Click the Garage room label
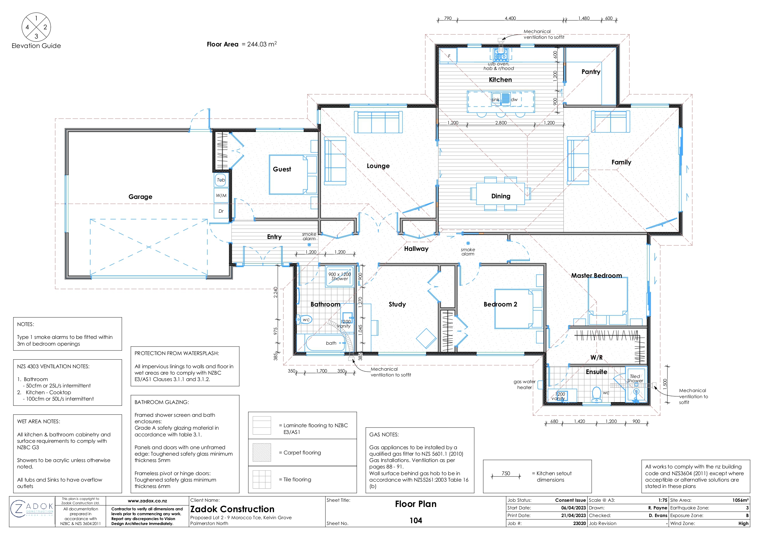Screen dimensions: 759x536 (x=140, y=197)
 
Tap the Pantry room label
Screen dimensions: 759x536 (x=591, y=72)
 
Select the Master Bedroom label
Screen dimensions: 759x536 (x=596, y=275)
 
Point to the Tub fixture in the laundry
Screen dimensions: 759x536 (x=221, y=180)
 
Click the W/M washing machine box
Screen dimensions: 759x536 (x=221, y=196)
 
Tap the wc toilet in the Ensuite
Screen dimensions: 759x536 (x=596, y=394)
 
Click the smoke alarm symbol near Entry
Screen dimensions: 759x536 (x=309, y=245)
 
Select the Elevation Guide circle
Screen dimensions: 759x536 (x=36, y=27)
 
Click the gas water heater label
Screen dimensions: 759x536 (x=524, y=384)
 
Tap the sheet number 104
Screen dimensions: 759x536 (x=416, y=520)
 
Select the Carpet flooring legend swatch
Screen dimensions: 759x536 (x=262, y=453)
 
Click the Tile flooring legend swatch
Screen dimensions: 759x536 (x=262, y=479)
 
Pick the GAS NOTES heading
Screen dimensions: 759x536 (x=384, y=435)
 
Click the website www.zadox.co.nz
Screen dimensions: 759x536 (x=147, y=501)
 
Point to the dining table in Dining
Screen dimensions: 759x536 (x=500, y=194)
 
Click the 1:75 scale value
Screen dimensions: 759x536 (x=662, y=500)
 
